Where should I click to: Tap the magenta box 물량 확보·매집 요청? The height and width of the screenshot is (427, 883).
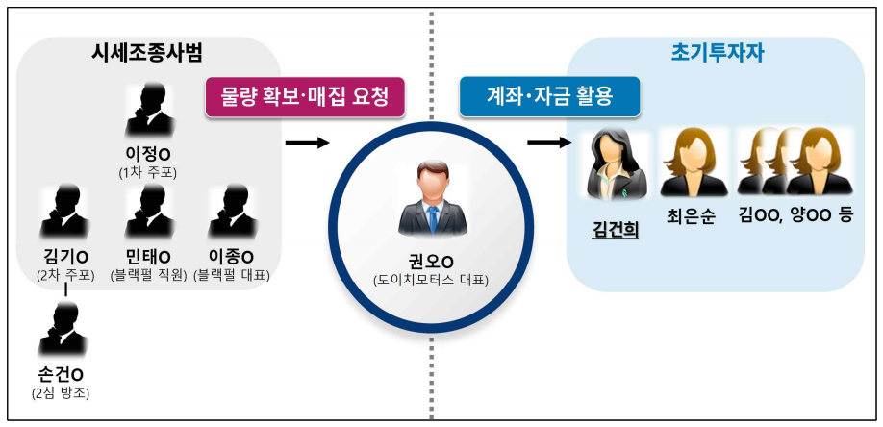(x=305, y=96)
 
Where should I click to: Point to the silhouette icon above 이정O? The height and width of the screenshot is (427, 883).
(x=149, y=111)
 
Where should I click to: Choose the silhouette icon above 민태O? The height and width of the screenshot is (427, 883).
(x=149, y=213)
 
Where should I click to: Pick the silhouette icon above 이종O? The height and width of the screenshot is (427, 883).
(x=232, y=213)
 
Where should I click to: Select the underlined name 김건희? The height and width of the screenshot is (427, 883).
(x=616, y=231)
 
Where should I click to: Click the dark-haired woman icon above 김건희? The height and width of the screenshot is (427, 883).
(x=616, y=165)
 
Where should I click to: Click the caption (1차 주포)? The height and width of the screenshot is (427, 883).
(x=149, y=173)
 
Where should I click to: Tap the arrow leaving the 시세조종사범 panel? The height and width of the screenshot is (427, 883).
(x=307, y=143)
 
